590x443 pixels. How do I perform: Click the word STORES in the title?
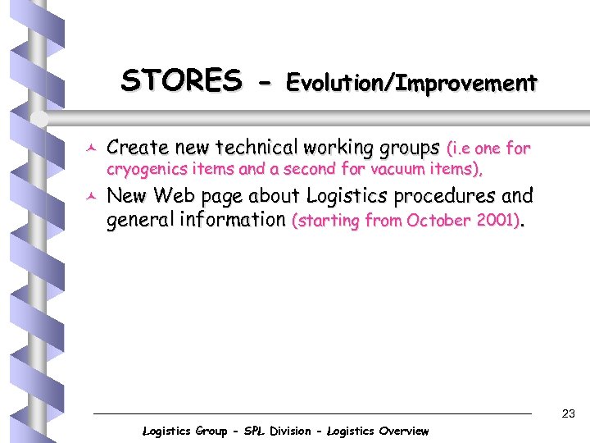pos(181,81)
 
